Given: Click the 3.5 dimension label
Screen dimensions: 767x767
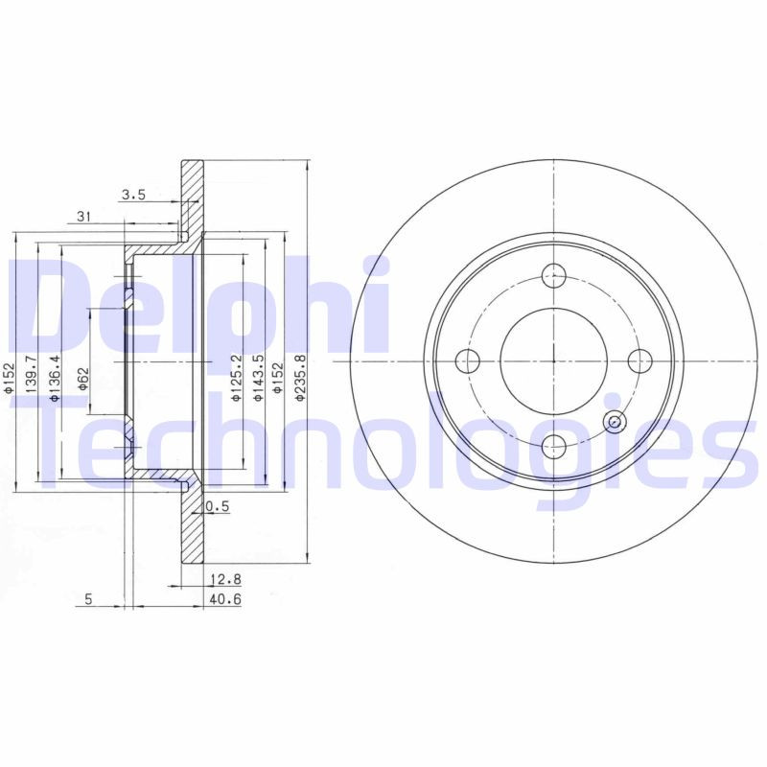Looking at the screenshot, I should tap(132, 196).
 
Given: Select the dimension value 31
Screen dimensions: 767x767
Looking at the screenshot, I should tap(83, 218).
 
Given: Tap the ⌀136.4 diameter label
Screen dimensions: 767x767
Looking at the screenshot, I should tap(54, 374).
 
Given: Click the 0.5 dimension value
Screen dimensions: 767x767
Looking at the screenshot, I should tap(218, 508).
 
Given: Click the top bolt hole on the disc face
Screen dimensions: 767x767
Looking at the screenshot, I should tap(554, 276).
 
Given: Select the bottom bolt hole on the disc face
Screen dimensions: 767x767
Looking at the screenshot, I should tap(554, 444).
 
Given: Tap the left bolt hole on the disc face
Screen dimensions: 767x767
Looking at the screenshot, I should tap(469, 360).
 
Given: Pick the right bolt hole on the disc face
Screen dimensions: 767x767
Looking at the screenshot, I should tap(639, 360).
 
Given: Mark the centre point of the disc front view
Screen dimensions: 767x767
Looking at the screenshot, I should tap(554, 360).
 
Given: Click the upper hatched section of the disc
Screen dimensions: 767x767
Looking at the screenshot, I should tap(193, 197).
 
